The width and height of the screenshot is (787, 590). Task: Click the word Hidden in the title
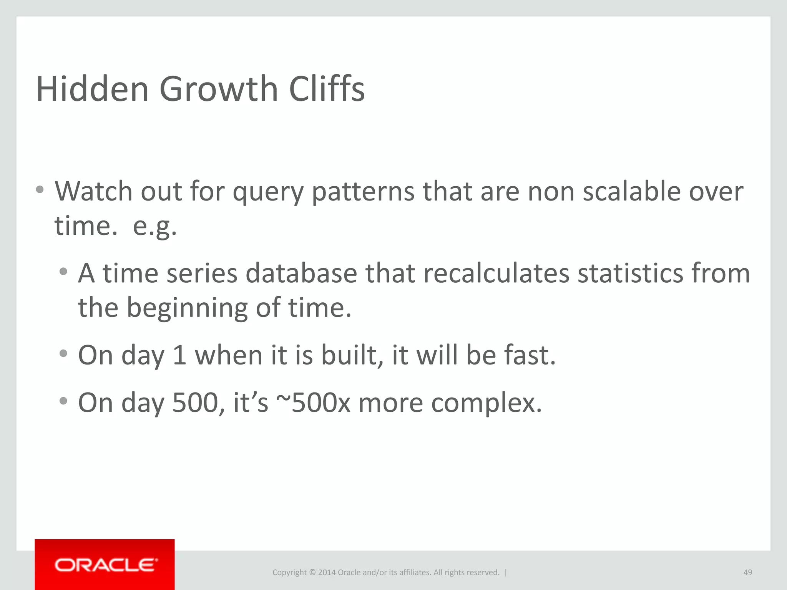92,89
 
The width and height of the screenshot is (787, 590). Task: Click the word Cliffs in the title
327,89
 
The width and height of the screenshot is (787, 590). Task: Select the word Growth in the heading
218,89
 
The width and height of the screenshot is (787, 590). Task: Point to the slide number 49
747,572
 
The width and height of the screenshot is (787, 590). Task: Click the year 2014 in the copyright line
327,572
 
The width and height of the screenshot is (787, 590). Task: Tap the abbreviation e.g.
154,227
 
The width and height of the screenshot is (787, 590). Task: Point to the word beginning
187,308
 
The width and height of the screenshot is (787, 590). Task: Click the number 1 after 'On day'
179,355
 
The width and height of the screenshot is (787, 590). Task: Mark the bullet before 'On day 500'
63,401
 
